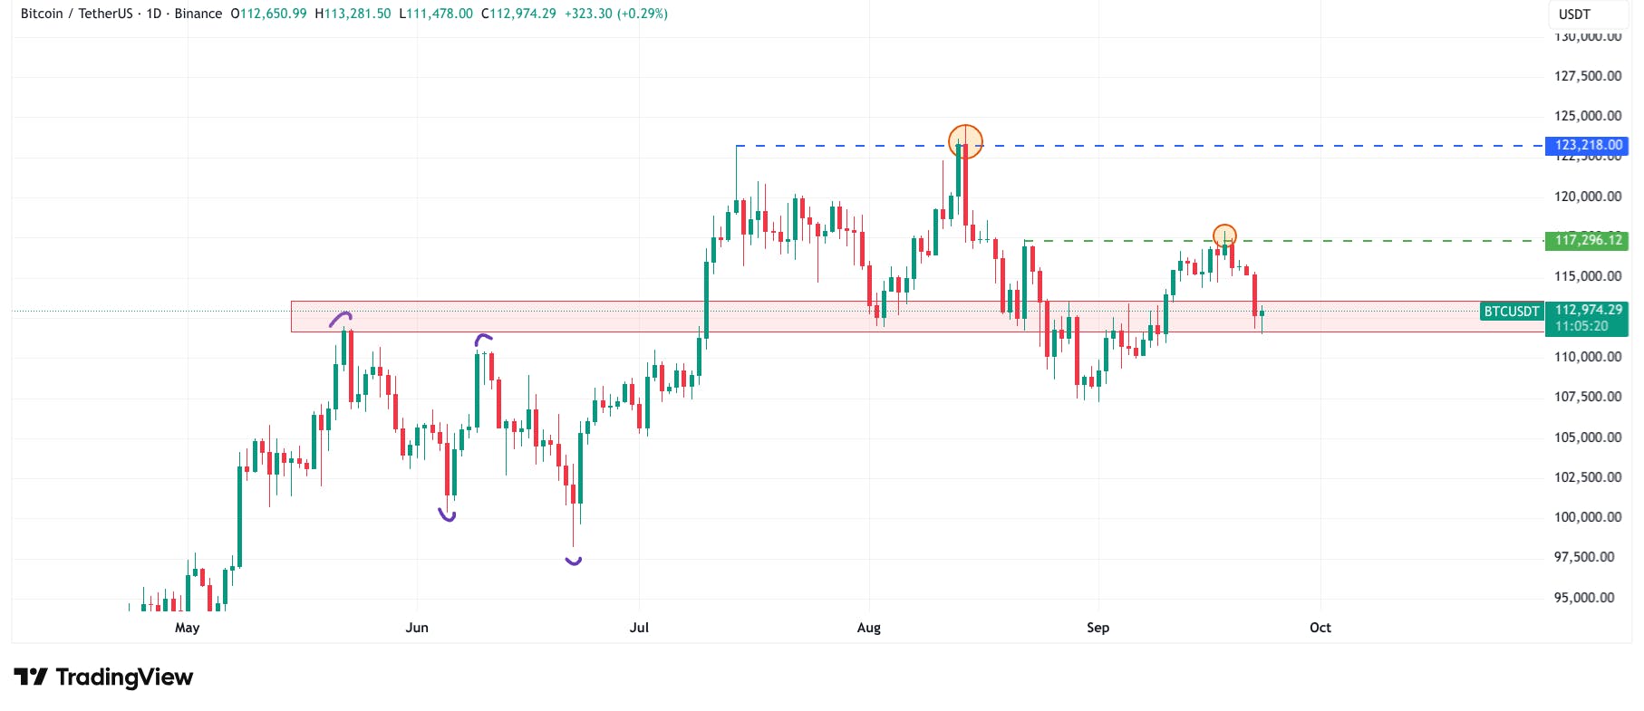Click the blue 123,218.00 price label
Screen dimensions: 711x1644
1588,145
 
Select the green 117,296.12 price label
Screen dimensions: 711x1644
1588,240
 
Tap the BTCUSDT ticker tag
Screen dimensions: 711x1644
1511,312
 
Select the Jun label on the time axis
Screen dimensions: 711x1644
417,628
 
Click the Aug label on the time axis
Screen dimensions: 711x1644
868,628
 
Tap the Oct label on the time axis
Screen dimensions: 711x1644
1320,628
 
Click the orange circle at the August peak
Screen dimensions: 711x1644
965,141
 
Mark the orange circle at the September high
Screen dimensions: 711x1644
1224,235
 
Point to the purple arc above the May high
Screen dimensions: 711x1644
341,318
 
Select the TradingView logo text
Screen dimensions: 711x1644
124,677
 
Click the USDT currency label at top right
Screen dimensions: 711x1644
1574,14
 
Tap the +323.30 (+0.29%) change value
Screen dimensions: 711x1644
615,14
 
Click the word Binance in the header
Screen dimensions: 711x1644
198,14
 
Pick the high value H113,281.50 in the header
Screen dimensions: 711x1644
353,14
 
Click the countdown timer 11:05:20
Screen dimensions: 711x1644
1581,326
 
